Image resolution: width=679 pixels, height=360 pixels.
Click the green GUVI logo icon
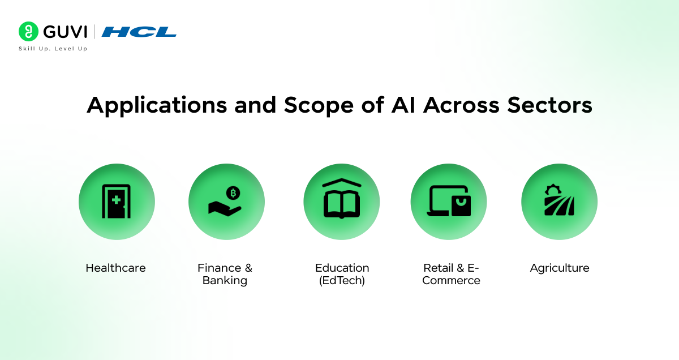tap(28, 32)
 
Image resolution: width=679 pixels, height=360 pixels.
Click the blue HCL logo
tap(139, 32)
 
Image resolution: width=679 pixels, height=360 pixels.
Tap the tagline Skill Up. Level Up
tap(53, 49)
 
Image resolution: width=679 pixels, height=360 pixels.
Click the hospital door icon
tap(116, 202)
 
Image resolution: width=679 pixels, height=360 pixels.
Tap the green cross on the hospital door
tap(116, 200)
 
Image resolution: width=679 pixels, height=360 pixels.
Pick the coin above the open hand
tap(233, 194)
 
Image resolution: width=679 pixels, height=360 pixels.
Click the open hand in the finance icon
tap(224, 208)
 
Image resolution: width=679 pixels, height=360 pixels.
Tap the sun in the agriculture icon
tap(552, 190)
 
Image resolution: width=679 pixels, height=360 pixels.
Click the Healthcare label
tap(115, 268)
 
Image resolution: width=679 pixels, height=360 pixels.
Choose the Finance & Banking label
tap(225, 274)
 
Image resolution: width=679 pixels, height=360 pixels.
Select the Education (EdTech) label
tap(342, 274)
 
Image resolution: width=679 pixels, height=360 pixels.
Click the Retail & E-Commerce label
tap(451, 274)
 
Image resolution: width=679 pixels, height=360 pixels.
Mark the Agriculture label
tap(559, 268)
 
